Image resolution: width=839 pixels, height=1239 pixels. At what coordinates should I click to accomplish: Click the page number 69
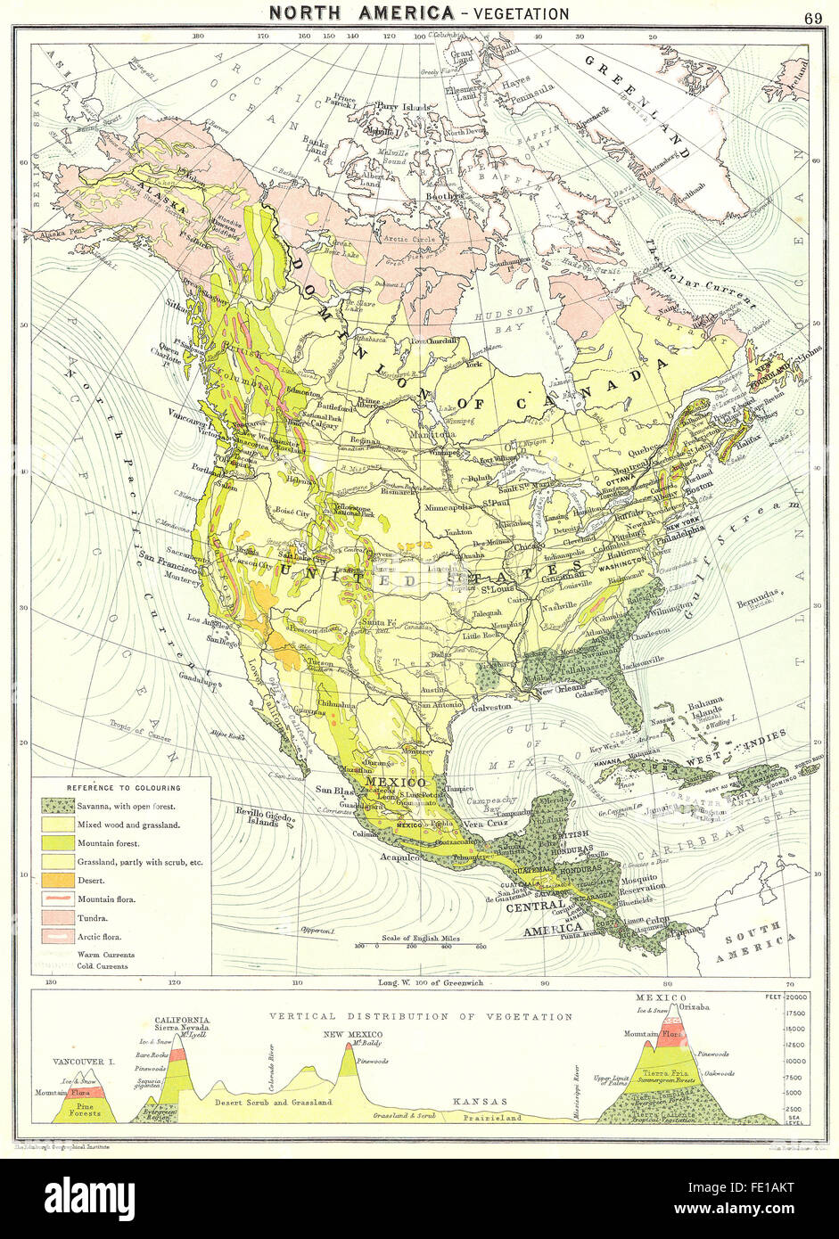tap(812, 17)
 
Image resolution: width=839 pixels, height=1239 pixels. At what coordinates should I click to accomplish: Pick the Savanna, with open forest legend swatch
tap(56, 805)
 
